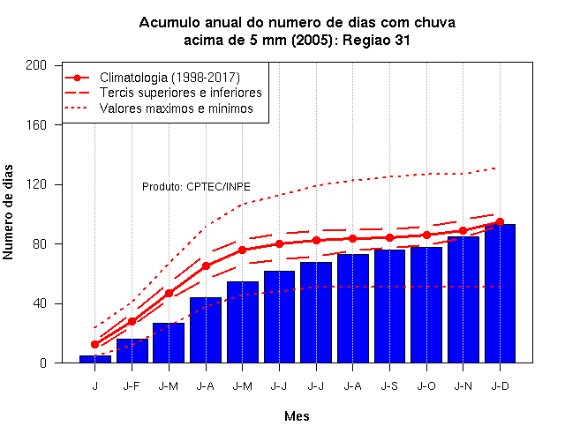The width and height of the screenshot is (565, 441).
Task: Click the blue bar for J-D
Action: pos(500,294)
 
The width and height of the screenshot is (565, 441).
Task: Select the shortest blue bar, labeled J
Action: pos(95,359)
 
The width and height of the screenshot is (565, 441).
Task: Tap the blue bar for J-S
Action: pos(389,306)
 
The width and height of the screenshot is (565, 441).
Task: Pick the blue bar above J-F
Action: pos(132,351)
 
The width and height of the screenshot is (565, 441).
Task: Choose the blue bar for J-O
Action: pos(426,305)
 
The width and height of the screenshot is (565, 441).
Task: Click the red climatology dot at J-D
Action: pos(500,221)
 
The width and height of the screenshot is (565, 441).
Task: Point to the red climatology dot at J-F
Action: pos(132,321)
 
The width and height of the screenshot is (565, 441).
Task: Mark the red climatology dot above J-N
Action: pos(463,231)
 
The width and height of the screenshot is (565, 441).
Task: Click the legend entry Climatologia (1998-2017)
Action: pos(169,78)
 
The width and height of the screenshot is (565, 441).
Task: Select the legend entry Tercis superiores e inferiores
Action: pos(180,93)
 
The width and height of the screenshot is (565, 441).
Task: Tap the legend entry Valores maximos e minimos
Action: pos(177,108)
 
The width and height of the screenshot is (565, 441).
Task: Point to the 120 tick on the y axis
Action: pos(36,184)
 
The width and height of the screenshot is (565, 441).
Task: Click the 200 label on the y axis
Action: pos(36,65)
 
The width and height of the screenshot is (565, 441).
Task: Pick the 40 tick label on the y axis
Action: pos(40,303)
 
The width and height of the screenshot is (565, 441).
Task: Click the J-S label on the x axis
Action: pos(389,386)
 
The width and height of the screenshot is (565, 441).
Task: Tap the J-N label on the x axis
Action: pos(463,386)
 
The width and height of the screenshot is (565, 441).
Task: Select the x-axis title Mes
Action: pos(297,416)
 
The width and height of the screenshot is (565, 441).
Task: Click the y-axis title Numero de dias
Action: pos(8,213)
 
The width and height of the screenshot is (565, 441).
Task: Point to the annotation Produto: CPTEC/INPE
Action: pos(196,186)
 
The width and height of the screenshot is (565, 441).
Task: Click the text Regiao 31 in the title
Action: pos(376,40)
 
